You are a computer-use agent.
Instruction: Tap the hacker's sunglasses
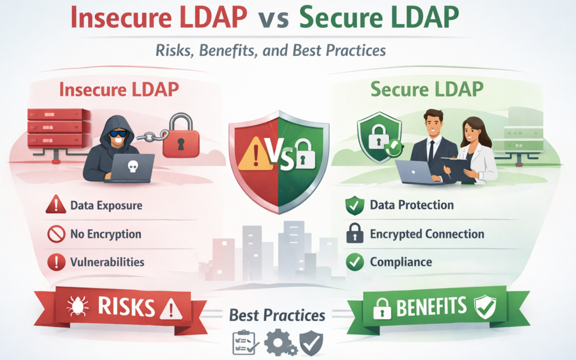pos(118,133)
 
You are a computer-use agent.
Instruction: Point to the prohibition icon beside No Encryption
pos(55,234)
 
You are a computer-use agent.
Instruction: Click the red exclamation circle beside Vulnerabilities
pos(55,262)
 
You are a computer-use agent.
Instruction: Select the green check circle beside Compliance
pos(355,262)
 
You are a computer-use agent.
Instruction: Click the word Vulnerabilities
pos(107,262)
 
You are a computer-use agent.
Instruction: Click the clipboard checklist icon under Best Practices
pos(243,343)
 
